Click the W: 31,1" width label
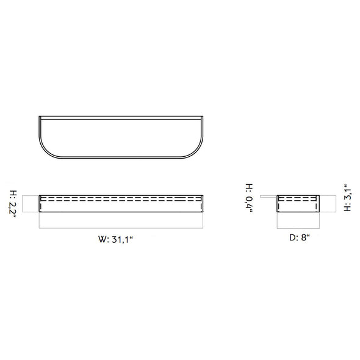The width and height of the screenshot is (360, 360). (116, 239)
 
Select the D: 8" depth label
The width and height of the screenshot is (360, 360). (300, 237)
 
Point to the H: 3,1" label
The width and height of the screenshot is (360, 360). (347, 198)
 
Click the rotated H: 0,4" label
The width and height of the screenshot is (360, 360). (250, 198)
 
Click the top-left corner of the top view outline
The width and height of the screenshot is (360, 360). (39, 117)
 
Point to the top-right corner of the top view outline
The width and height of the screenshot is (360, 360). (203, 117)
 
